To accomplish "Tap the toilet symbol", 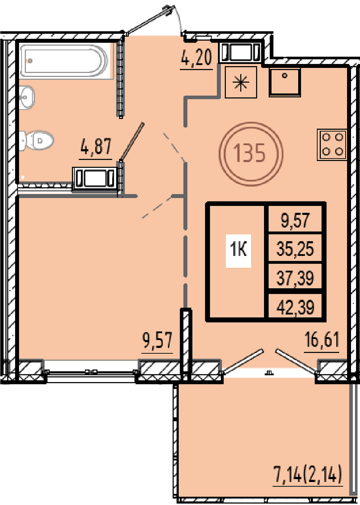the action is tap(36, 141).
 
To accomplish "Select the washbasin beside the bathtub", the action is tap(27, 97).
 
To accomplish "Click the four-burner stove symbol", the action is tap(332, 145).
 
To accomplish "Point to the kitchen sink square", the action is tap(285, 82).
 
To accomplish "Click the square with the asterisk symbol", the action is tap(241, 82).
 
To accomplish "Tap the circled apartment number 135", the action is tap(251, 154).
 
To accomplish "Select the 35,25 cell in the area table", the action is tap(295, 249).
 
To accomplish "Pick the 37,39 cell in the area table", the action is tap(295, 278).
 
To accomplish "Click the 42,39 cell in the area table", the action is tap(295, 308).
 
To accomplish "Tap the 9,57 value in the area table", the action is tap(295, 220).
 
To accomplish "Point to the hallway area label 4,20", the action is tap(196, 58).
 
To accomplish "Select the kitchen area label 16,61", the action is tap(322, 340).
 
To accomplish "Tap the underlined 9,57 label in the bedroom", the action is tap(157, 340).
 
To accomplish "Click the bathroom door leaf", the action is tap(132, 142).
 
